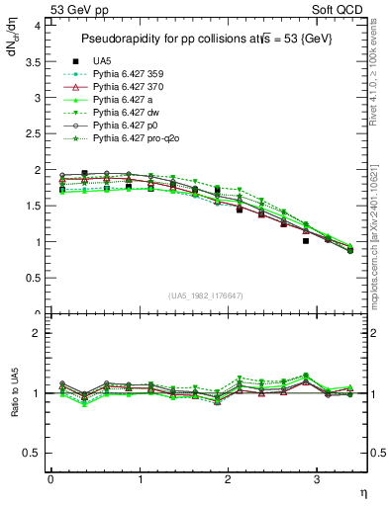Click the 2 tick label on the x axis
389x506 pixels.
click(x=228, y=479)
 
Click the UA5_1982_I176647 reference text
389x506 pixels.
click(x=208, y=295)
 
